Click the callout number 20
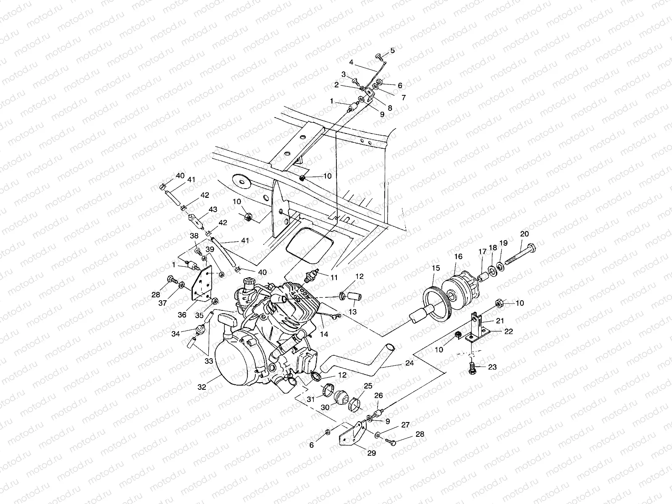tap(525, 234)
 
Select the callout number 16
tap(458, 256)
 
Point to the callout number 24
tap(409, 363)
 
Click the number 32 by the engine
tap(202, 387)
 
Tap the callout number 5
tap(393, 50)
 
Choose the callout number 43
tap(213, 209)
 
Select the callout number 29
tap(372, 453)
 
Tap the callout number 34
tap(175, 333)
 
